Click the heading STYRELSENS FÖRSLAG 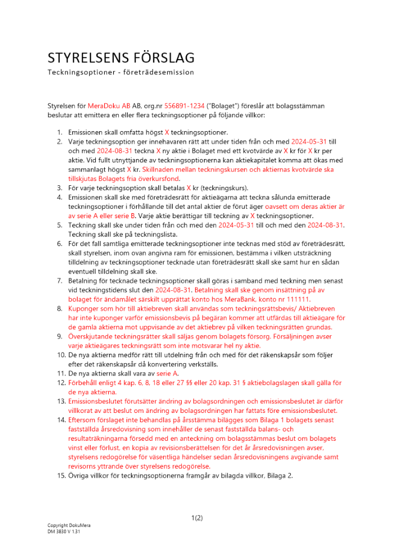[121, 58]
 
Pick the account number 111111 [297, 299]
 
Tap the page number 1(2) [197, 518]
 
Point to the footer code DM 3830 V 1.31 [65, 532]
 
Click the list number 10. [59, 354]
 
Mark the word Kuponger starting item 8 [85, 309]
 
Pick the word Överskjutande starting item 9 [93, 336]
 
